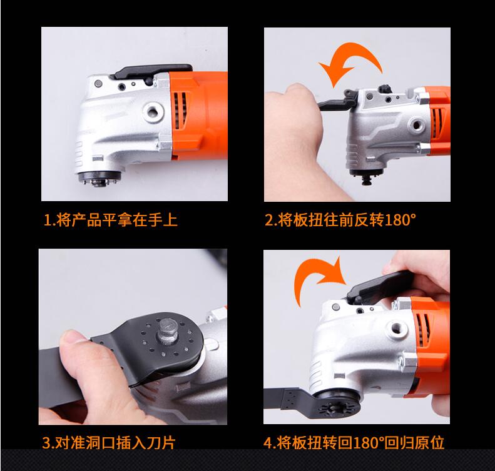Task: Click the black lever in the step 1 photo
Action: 153,72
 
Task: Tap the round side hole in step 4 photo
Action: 397,330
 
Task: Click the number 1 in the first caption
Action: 48,220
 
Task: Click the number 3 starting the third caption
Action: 46,443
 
